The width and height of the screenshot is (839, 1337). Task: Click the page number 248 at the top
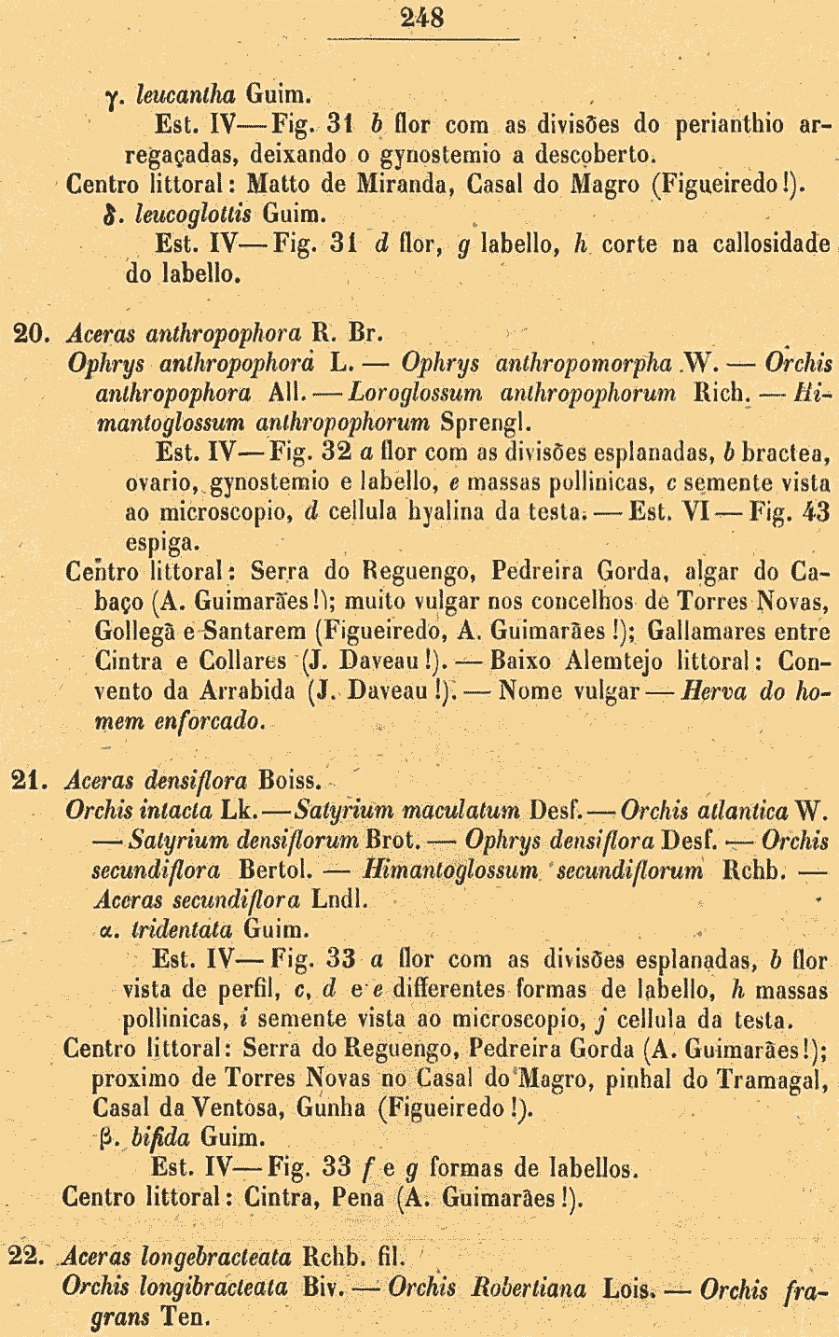[x=422, y=18]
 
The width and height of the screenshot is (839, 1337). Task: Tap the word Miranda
[x=394, y=184]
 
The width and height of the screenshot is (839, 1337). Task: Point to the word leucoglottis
[x=193, y=214]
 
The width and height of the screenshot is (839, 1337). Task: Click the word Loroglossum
[x=415, y=394]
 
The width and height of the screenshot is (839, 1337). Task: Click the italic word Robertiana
[x=529, y=1289]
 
